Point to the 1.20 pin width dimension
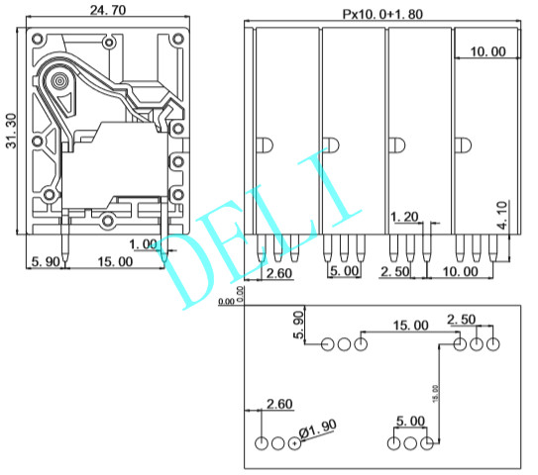click(404, 217)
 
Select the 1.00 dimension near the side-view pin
click(143, 243)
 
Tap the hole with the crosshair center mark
click(295, 444)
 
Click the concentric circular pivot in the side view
click(61, 78)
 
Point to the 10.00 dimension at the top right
click(485, 51)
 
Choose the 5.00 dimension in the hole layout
click(411, 422)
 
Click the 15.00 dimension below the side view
click(113, 262)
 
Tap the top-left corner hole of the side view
click(37, 41)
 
